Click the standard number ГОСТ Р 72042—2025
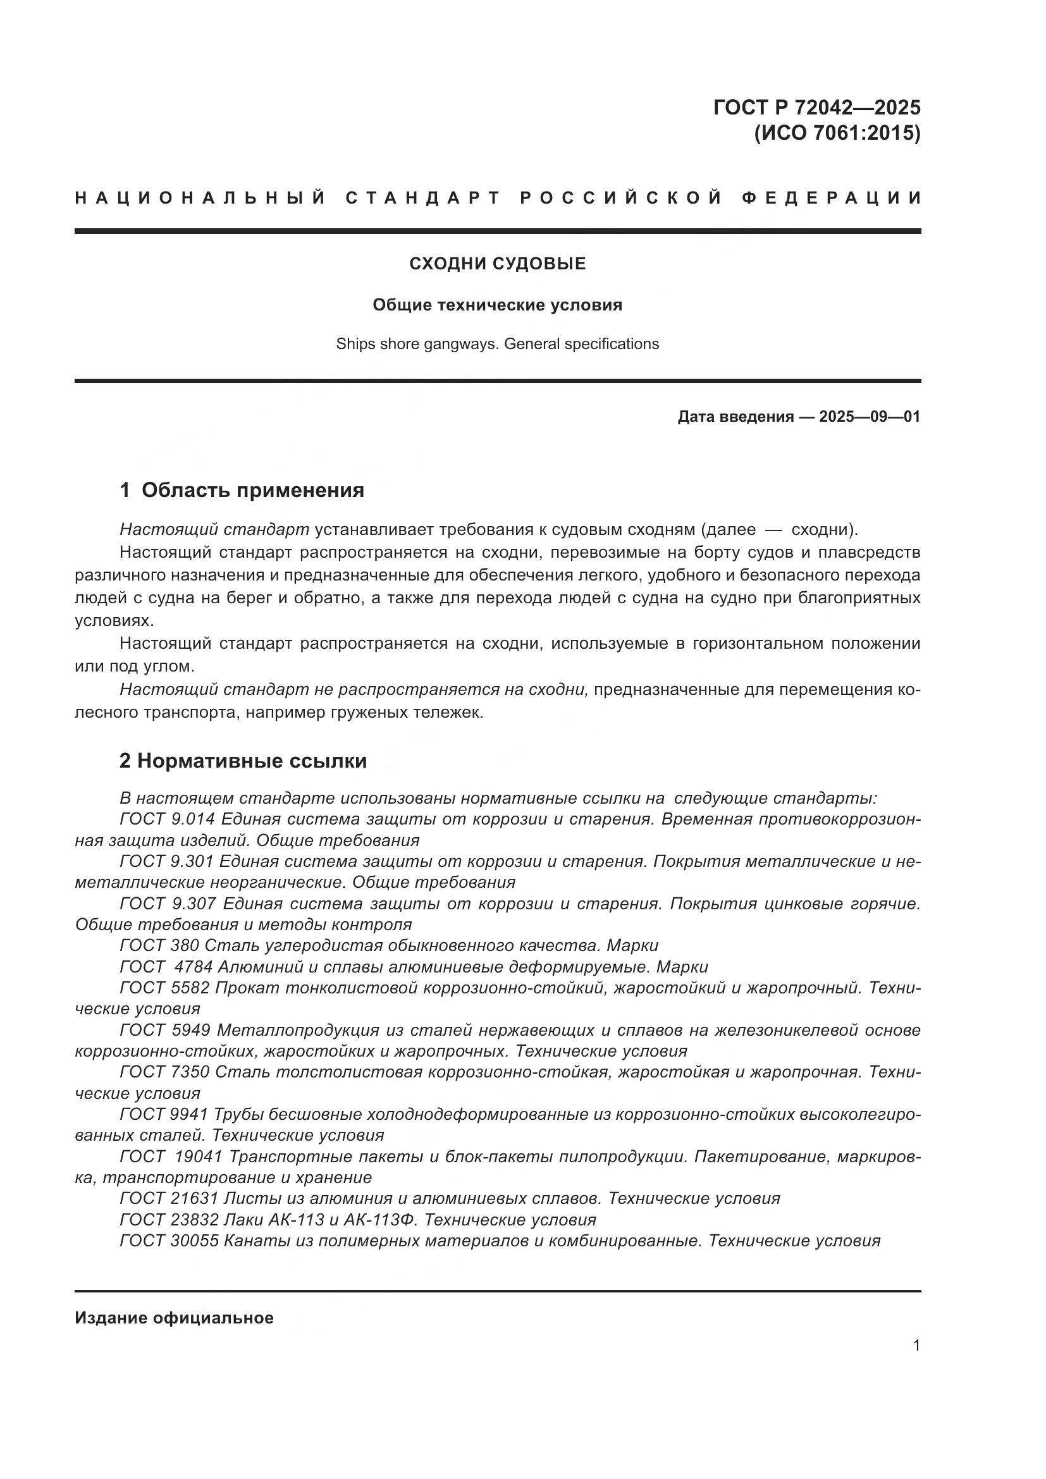click(816, 107)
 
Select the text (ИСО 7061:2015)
click(837, 133)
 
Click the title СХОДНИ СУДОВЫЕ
click(497, 264)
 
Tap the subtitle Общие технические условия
click(497, 305)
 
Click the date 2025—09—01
click(869, 417)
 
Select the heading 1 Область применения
click(242, 490)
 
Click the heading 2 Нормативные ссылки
click(243, 761)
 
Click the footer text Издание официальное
click(174, 1318)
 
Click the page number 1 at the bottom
click(916, 1345)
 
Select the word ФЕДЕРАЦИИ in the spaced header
click(831, 198)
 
